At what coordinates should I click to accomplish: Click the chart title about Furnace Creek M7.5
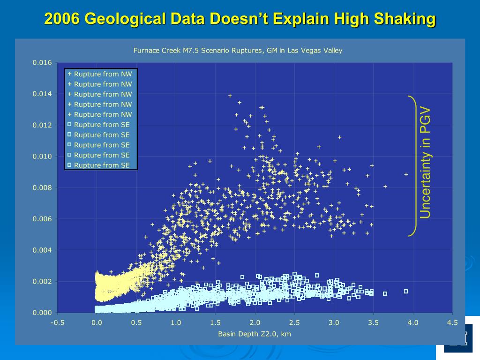(x=238, y=51)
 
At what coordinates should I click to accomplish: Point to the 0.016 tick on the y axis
(x=42, y=63)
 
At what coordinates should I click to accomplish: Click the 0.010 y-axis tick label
(x=42, y=157)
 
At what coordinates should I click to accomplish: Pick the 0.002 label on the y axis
(x=42, y=282)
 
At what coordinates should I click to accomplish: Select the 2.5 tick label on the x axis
(x=294, y=322)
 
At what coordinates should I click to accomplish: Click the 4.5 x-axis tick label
(x=452, y=322)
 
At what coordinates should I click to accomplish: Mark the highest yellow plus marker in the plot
(x=230, y=96)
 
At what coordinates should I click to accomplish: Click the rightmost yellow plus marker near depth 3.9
(x=406, y=174)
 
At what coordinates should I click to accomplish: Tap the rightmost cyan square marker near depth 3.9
(x=406, y=292)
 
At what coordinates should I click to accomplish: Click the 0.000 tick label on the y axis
(x=42, y=313)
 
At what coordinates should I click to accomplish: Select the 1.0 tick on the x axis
(x=176, y=322)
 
